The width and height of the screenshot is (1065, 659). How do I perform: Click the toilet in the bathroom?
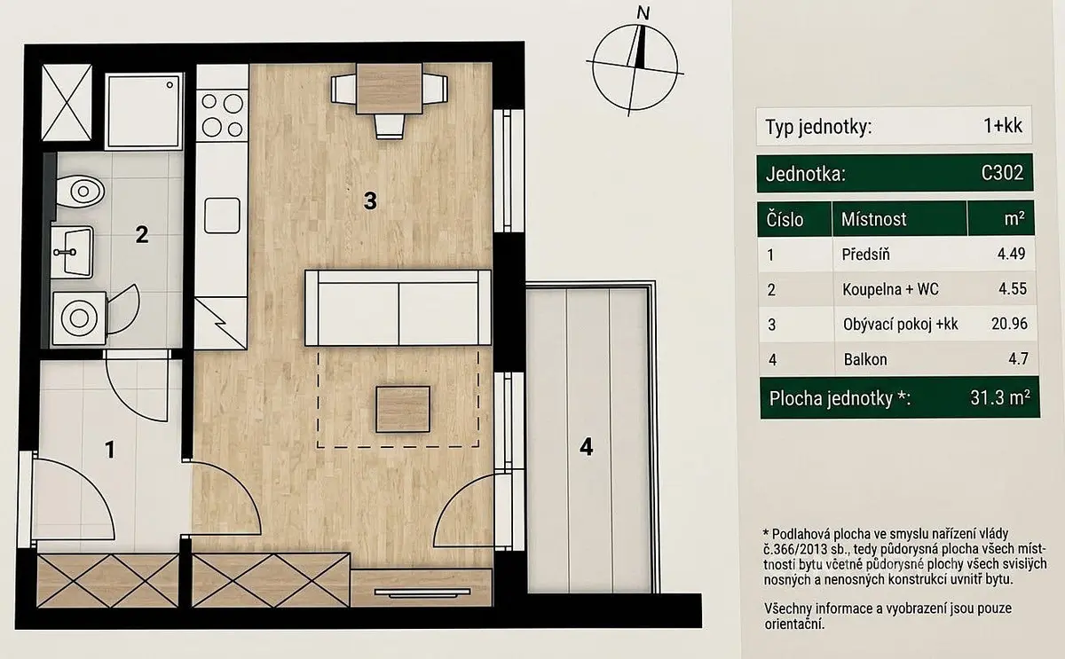(x=80, y=192)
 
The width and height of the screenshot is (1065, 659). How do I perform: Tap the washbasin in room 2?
(x=72, y=252)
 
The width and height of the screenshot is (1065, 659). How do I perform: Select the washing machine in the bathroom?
(x=79, y=318)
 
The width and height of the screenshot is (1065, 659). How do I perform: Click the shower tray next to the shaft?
(x=144, y=111)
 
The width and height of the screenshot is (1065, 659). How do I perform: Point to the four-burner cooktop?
(x=222, y=115)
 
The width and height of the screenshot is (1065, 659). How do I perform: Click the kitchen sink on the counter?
(x=222, y=216)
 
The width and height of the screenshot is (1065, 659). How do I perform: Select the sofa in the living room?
(x=398, y=308)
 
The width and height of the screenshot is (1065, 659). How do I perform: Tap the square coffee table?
(x=403, y=409)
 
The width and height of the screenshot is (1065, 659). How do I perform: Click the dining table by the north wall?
(x=390, y=89)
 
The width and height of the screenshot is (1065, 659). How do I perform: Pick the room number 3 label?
(x=370, y=200)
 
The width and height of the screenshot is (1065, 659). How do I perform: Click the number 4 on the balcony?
(x=587, y=447)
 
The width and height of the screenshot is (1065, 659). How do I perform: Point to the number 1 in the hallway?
(x=110, y=450)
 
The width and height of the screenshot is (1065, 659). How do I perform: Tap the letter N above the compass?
(x=643, y=12)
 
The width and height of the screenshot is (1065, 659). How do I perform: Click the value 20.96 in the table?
(x=1009, y=324)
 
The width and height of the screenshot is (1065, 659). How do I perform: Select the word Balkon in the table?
(x=865, y=359)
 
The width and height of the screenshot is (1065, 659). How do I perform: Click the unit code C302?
(x=1002, y=172)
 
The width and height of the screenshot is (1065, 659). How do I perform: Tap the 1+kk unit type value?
(x=1003, y=125)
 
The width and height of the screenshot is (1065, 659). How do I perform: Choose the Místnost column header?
(x=874, y=219)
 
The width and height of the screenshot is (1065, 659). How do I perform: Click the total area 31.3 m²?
(x=1000, y=397)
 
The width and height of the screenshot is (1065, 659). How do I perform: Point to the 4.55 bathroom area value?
(x=1013, y=288)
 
